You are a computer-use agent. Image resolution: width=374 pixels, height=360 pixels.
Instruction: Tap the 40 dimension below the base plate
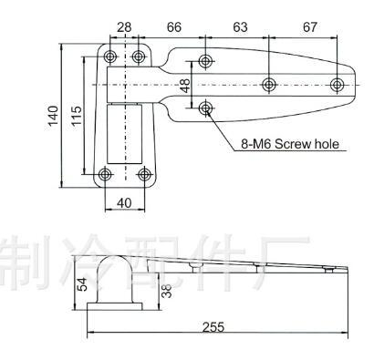(124, 202)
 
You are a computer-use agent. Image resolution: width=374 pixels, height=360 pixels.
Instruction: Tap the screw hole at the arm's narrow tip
(337, 85)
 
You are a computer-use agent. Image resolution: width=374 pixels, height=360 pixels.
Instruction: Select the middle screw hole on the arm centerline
(269, 85)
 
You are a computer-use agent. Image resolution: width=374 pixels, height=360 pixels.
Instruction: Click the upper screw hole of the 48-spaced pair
(205, 62)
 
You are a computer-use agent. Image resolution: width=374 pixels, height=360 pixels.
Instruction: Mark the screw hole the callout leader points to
(205, 108)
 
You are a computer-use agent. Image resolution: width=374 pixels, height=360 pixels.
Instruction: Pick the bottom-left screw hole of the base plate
(107, 173)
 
